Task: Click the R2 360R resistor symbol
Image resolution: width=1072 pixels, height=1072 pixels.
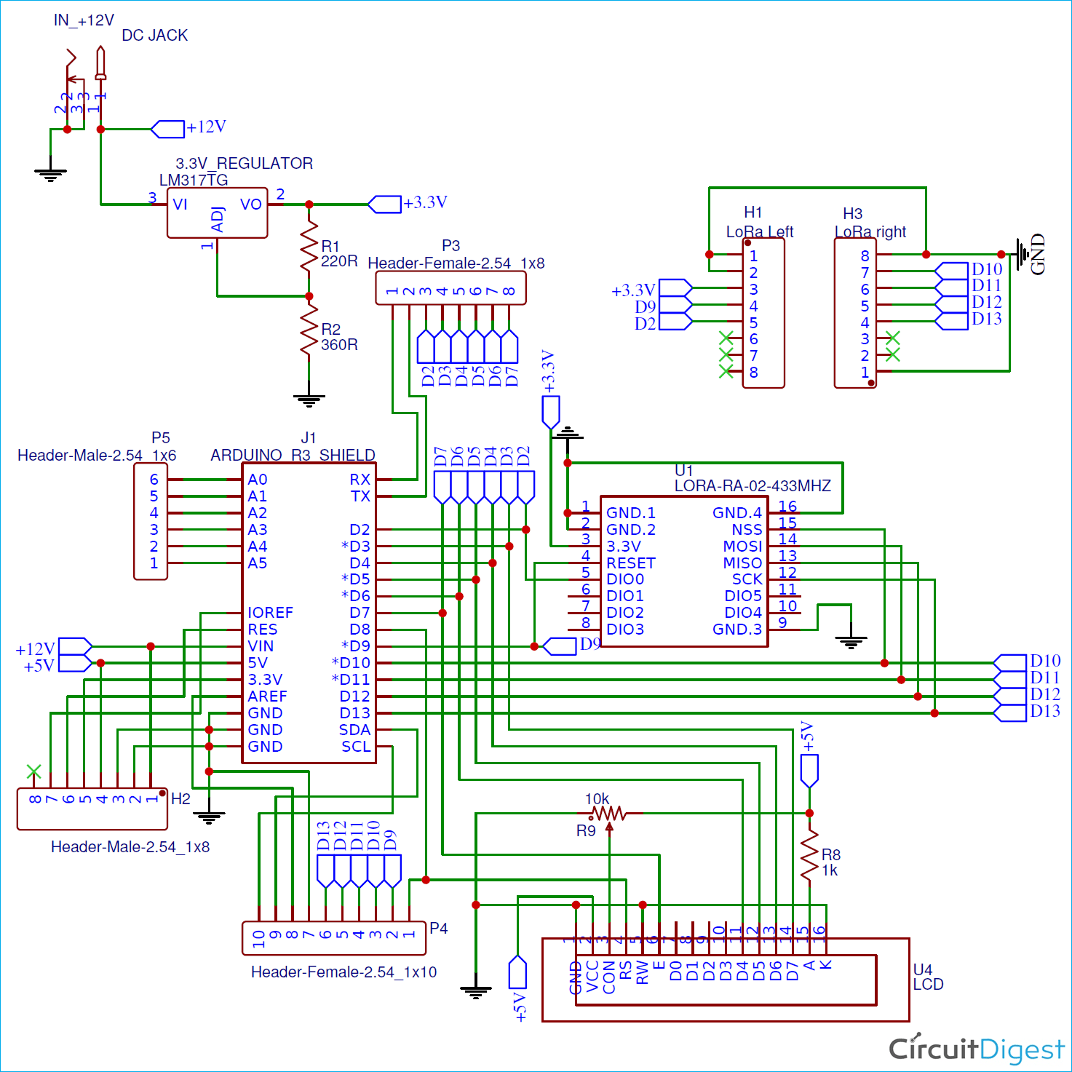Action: pos(309,331)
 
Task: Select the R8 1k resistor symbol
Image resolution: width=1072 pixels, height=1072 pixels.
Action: pos(809,857)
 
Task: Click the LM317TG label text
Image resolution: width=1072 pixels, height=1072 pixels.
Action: pos(194,180)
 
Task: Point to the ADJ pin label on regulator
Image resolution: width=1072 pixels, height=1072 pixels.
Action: pos(217,219)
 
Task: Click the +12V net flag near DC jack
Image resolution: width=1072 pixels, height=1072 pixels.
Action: pos(168,129)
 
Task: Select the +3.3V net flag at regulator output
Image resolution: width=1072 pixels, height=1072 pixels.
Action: pos(385,204)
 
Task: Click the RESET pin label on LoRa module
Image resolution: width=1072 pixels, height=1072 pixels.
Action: pos(630,563)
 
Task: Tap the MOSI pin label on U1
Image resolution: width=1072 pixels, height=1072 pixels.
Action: pos(742,546)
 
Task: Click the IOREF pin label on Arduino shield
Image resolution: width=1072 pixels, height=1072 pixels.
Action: pos(270,613)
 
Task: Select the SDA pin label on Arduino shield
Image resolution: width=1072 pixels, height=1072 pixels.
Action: pos(354,730)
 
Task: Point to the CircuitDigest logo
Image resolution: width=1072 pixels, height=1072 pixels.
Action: pos(976,1049)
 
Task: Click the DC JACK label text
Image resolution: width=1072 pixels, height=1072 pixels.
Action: pos(154,35)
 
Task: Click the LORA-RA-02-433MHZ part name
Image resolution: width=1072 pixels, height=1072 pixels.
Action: pos(753,485)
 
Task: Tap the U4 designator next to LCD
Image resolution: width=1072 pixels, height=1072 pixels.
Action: pos(922,969)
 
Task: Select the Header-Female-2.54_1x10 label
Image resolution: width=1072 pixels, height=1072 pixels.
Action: pos(344,972)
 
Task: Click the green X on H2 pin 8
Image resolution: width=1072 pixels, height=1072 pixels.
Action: pos(33,771)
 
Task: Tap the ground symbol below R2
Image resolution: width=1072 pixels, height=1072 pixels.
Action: pos(309,400)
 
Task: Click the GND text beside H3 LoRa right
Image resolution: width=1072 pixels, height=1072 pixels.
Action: pos(1038,254)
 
